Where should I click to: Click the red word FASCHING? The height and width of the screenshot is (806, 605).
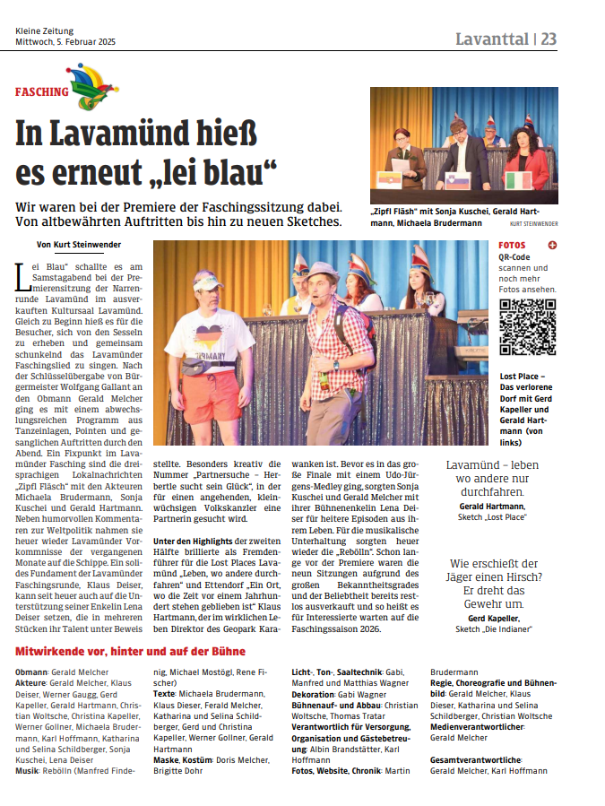point(41,91)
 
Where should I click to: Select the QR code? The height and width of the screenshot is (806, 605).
point(527,326)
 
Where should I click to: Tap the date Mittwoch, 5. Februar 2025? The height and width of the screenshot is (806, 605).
point(65,42)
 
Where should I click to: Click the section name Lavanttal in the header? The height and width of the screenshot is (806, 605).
point(491,39)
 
